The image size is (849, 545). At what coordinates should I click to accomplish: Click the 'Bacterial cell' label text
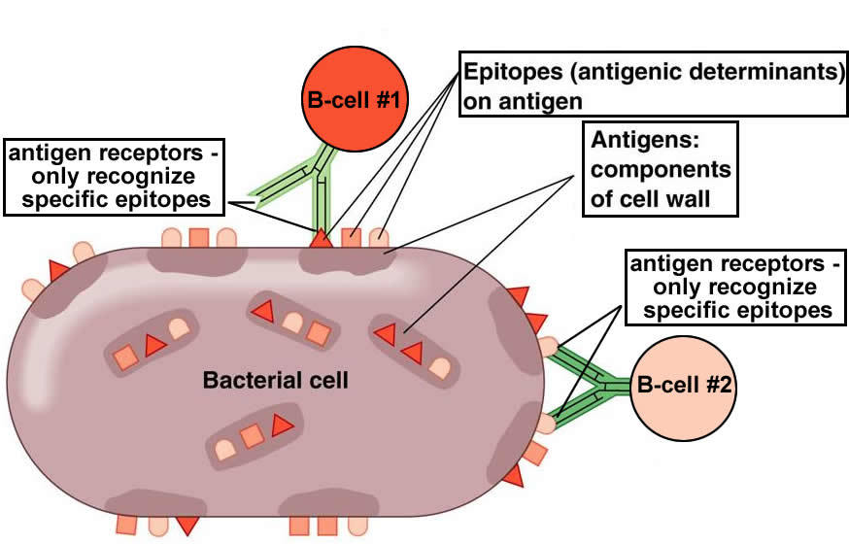(x=275, y=380)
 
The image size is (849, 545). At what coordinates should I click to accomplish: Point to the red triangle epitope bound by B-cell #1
(x=320, y=236)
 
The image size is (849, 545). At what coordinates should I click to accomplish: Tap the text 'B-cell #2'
(x=685, y=385)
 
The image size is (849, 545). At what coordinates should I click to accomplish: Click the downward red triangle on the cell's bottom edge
(x=187, y=525)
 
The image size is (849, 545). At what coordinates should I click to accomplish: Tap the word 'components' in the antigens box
(x=660, y=170)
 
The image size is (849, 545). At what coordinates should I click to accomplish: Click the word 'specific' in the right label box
(x=681, y=311)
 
